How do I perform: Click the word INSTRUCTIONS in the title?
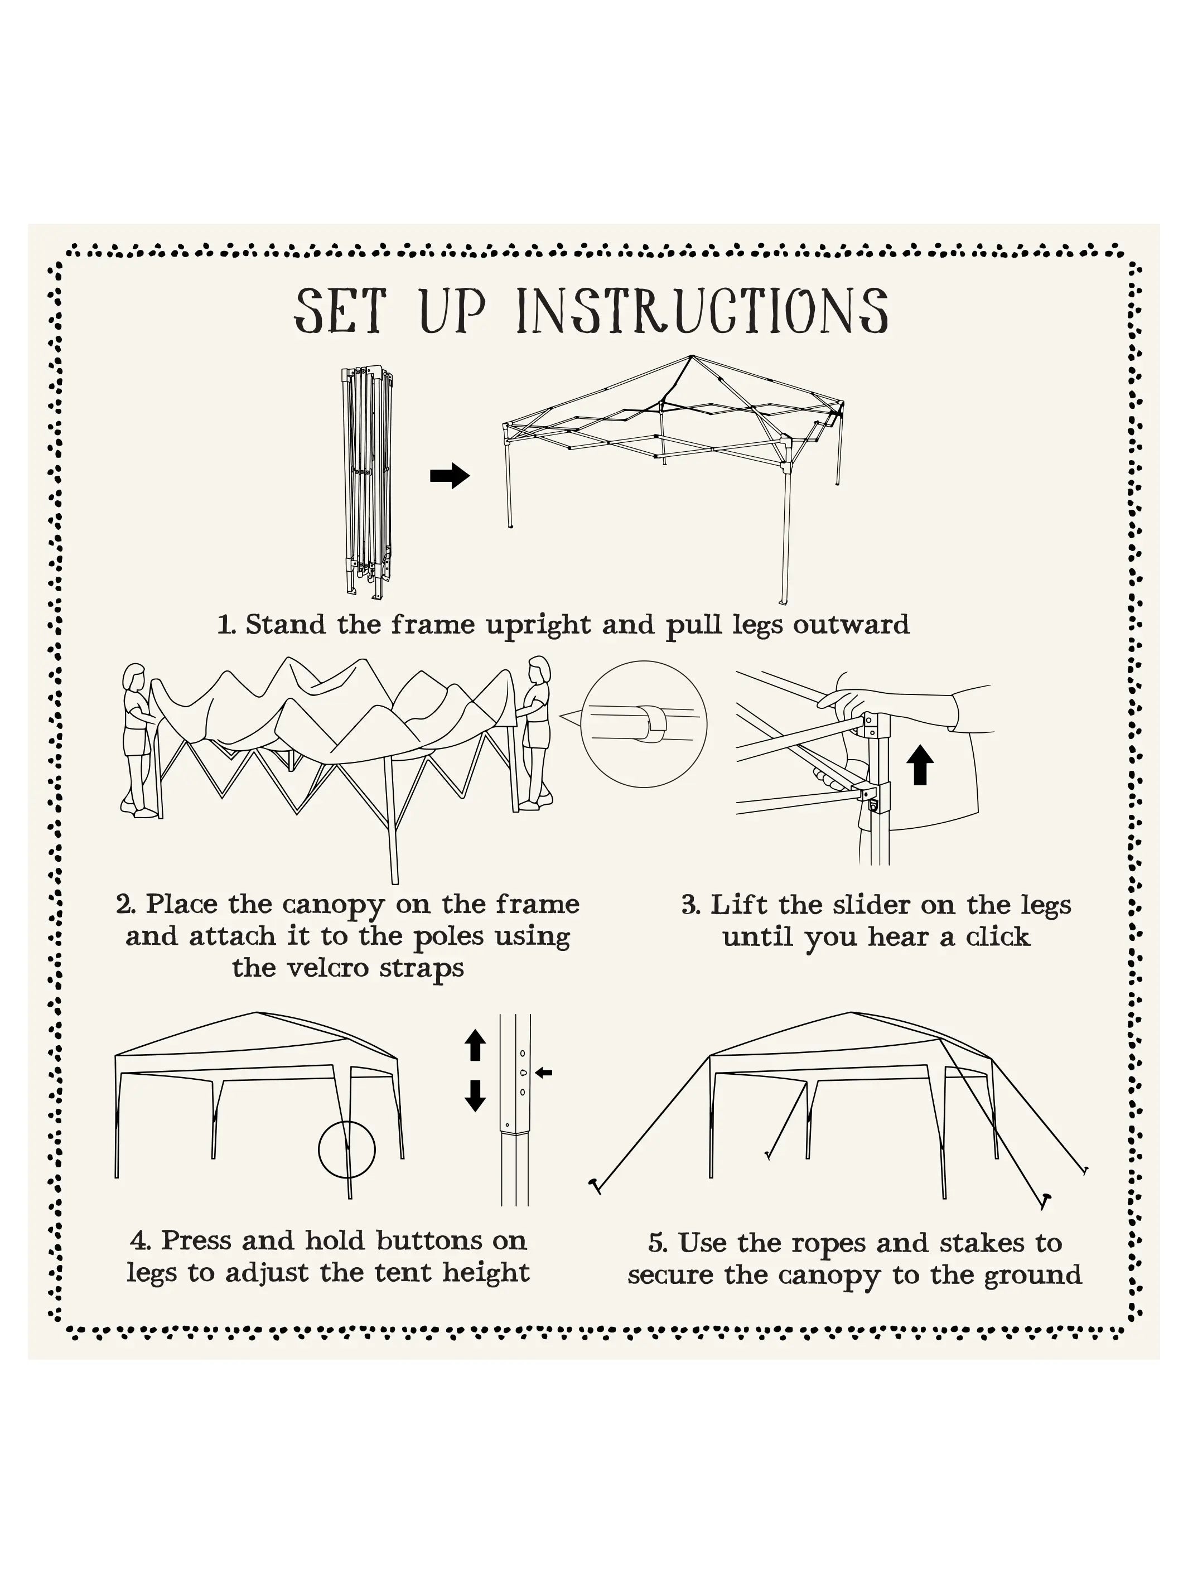(x=702, y=311)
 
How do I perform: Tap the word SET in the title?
(x=340, y=311)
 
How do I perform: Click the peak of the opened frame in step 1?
(x=692, y=356)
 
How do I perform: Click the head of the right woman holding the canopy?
(x=538, y=672)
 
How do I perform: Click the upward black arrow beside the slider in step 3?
(x=920, y=765)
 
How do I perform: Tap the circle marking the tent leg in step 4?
(x=346, y=1150)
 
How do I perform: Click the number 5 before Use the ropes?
(x=656, y=1244)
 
